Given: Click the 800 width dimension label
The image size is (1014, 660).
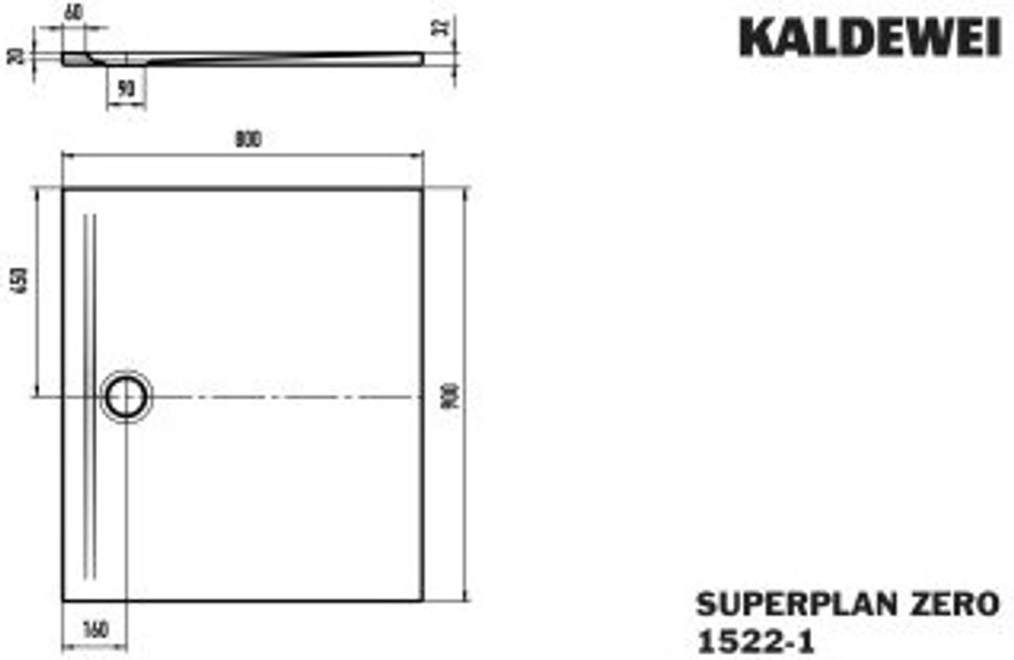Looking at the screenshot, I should [247, 140].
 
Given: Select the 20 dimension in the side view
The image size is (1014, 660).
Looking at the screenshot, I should [14, 54].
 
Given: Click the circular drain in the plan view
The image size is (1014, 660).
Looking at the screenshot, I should [125, 397].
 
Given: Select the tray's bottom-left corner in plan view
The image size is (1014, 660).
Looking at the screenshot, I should [63, 599].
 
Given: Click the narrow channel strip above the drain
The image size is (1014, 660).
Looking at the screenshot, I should [92, 287].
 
